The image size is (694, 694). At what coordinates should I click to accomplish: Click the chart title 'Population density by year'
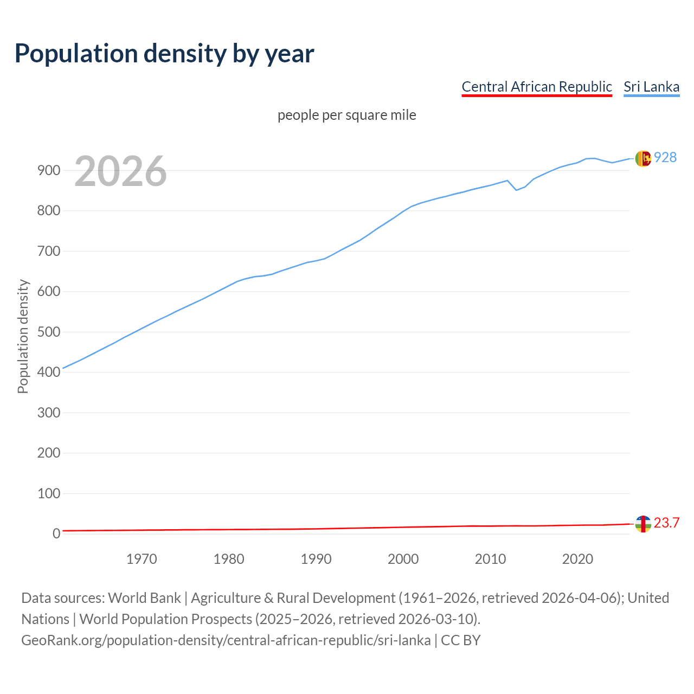[x=164, y=53]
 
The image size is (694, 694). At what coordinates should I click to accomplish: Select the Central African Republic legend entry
[x=536, y=87]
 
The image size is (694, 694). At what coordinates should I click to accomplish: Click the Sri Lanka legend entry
[x=651, y=87]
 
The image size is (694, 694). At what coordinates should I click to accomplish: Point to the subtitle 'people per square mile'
[x=346, y=115]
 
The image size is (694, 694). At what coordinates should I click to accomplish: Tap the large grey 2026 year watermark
[x=120, y=171]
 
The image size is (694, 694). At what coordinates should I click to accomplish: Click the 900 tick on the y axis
[x=48, y=170]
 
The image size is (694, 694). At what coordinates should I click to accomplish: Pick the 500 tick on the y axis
[x=48, y=332]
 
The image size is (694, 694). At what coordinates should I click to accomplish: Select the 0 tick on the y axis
[x=56, y=534]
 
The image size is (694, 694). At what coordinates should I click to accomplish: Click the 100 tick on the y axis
[x=48, y=493]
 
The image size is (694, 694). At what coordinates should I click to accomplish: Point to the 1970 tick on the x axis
[x=142, y=559]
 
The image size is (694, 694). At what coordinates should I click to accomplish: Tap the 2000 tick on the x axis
[x=403, y=559]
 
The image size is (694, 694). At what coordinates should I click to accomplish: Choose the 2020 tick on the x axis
[x=577, y=559]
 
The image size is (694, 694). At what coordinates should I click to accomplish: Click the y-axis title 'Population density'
[x=23, y=336]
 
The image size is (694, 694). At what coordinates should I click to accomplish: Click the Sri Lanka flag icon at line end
[x=642, y=158]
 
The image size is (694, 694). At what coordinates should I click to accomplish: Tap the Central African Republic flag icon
[x=642, y=524]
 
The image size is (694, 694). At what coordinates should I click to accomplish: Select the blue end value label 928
[x=665, y=157]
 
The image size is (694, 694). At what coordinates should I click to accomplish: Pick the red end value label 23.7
[x=666, y=523]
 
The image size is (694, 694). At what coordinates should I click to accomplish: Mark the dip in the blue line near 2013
[x=516, y=190]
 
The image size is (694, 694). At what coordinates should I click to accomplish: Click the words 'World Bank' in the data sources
[x=144, y=597]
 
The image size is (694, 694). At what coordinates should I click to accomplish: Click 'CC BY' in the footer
[x=460, y=640]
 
